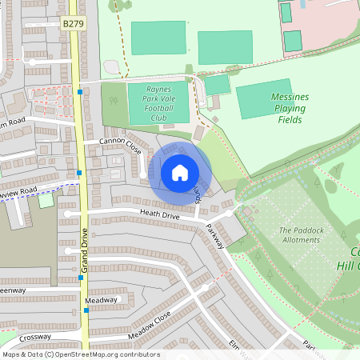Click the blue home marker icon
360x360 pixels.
coord(180,172)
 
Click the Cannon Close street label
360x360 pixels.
coord(120,146)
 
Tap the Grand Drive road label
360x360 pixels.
coord(83,254)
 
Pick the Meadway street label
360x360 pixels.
coord(102,300)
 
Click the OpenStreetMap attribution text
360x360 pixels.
coord(80,354)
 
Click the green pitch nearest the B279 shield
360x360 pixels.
coord(157,38)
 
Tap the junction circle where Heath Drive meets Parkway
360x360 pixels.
coord(229,214)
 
